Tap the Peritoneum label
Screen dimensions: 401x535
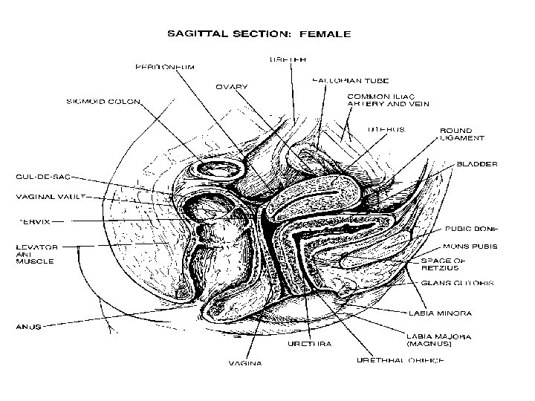click(165, 66)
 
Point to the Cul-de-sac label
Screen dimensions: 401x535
click(44, 177)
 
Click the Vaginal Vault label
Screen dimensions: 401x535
click(51, 198)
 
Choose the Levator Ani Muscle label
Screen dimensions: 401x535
click(38, 254)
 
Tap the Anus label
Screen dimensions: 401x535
click(30, 325)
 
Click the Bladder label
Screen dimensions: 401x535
click(476, 164)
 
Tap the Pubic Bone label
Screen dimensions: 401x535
click(471, 229)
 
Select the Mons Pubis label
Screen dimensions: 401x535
click(470, 246)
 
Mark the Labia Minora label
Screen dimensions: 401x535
click(440, 314)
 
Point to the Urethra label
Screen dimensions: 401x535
click(310, 344)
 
